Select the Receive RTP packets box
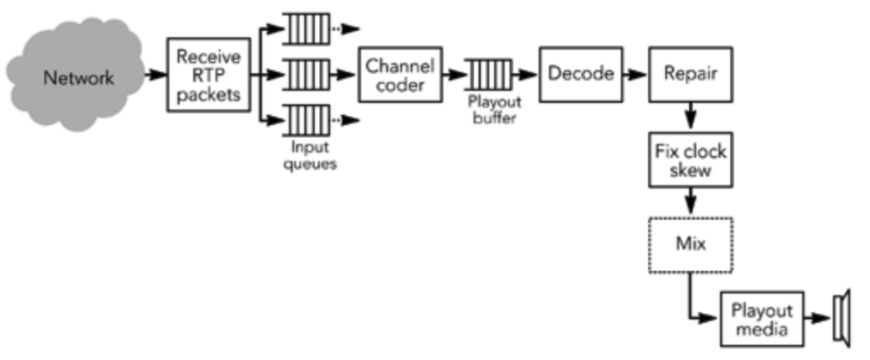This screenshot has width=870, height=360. click(x=208, y=75)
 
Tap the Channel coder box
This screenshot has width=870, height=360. click(x=400, y=75)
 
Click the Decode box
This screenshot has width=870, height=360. click(x=580, y=74)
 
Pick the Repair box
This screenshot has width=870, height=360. click(x=690, y=74)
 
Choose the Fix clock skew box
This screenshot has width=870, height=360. click(x=690, y=161)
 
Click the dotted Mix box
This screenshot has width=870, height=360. click(x=690, y=244)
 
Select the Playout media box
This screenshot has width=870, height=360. click(x=762, y=319)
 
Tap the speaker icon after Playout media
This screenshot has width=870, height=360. click(x=841, y=319)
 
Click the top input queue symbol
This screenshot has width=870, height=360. click(x=306, y=29)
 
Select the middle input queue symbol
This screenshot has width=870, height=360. click(x=306, y=74)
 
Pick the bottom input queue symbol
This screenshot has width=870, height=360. click(x=306, y=120)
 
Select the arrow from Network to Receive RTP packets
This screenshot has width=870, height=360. click(x=155, y=75)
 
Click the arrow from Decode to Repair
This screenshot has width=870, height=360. click(x=635, y=74)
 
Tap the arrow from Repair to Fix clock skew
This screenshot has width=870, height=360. click(x=690, y=117)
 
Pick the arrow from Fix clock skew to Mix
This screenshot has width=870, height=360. click(x=690, y=202)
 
